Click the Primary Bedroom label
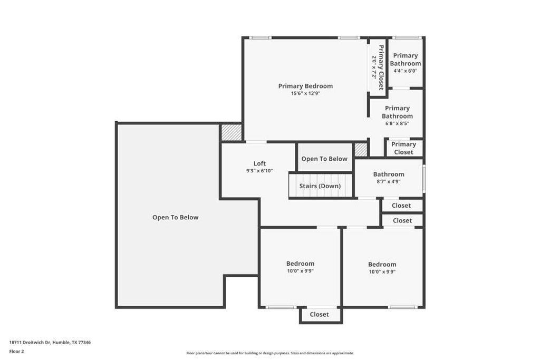pos(305,86)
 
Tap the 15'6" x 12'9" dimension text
pos(305,93)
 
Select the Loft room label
pos(259,163)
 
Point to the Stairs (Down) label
pos(320,186)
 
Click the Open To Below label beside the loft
pos(324,159)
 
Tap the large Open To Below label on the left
pos(175,217)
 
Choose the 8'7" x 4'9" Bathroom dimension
pos(389,181)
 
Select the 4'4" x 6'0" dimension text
pos(405,71)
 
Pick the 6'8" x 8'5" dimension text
pos(397,123)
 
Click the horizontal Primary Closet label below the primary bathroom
pos(403,148)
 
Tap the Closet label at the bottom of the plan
pos(319,315)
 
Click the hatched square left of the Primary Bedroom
pos(231,132)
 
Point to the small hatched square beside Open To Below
pos(361,150)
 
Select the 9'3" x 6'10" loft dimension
pos(259,171)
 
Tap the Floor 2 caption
pos(17,351)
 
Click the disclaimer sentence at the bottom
pos(270,353)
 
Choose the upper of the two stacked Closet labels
pos(402,206)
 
